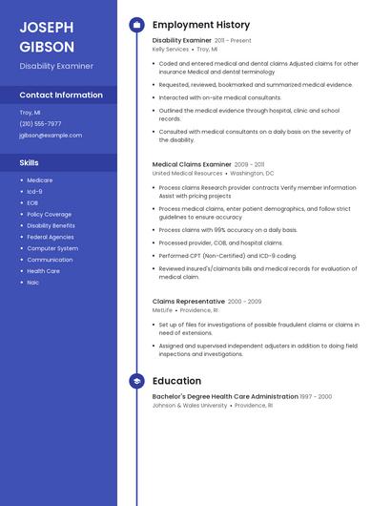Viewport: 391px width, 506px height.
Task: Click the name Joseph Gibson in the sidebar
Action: pos(47,36)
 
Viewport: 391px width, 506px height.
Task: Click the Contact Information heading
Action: pos(61,95)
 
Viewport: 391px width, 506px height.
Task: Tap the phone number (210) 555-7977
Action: pos(40,123)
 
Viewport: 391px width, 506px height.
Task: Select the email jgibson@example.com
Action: pos(51,136)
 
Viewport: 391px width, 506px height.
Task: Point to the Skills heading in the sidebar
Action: pos(29,163)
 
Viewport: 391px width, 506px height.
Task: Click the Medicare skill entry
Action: pos(40,180)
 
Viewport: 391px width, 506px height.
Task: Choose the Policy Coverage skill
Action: pos(50,214)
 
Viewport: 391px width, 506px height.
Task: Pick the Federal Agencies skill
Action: pos(51,237)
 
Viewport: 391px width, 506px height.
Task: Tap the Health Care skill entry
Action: pos(44,271)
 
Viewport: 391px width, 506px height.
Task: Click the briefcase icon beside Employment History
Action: pos(136,25)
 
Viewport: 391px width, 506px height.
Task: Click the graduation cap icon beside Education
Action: pos(136,380)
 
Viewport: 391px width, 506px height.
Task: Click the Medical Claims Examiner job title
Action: pos(192,164)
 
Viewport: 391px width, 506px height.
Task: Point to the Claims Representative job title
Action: pos(188,301)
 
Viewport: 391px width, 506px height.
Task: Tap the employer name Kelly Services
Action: pos(171,49)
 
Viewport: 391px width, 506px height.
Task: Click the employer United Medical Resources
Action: pos(187,174)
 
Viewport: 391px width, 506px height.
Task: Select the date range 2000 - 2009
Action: pos(244,301)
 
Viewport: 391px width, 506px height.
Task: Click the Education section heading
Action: pos(176,380)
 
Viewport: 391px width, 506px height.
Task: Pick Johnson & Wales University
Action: pos(190,405)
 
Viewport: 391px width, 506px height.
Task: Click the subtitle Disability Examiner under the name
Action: pos(56,66)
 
